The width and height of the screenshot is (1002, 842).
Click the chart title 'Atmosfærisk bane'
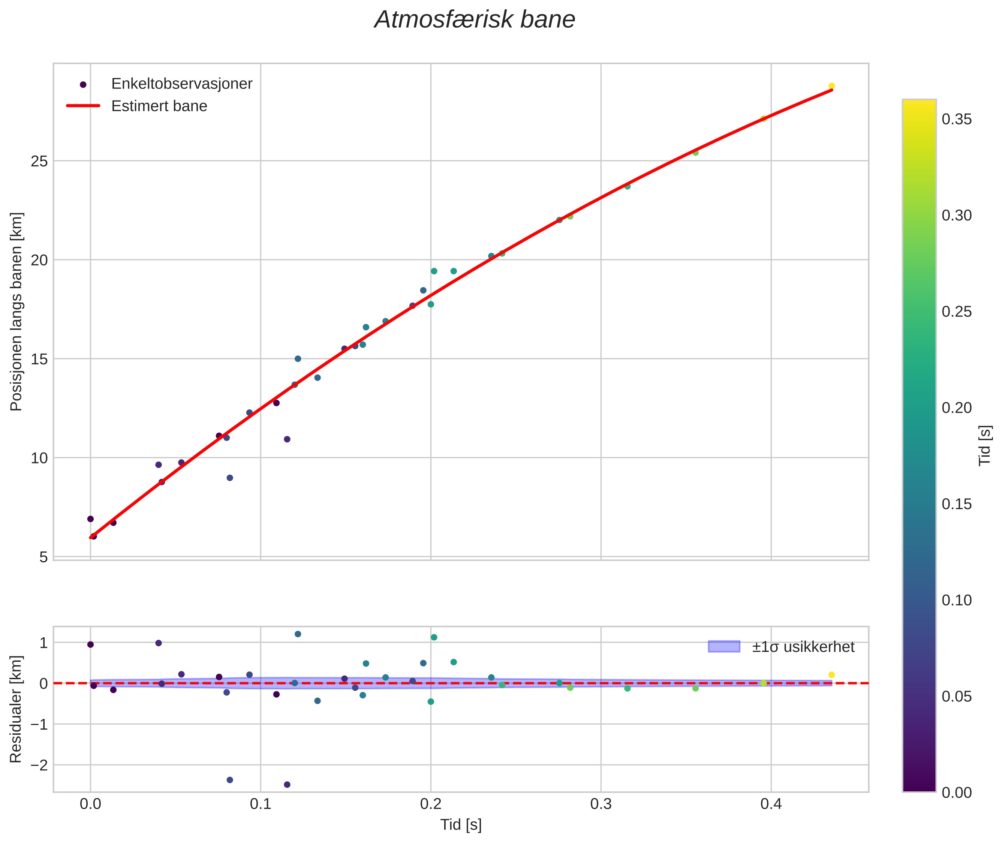[x=475, y=20]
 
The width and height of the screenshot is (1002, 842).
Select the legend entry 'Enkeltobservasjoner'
[x=181, y=84]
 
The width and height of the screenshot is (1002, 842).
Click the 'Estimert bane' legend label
[x=159, y=106]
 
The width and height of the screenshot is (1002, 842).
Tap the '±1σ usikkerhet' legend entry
[x=803, y=647]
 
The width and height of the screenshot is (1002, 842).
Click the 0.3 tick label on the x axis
[x=601, y=804]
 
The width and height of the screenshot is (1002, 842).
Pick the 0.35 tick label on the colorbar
[x=956, y=119]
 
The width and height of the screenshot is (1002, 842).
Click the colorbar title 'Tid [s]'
[x=984, y=445]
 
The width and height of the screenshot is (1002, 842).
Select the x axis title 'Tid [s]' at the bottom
[x=461, y=825]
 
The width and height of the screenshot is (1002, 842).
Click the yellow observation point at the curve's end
[x=831, y=86]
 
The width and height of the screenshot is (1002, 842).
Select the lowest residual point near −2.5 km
[x=287, y=785]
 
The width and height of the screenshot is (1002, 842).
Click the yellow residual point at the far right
[x=831, y=674]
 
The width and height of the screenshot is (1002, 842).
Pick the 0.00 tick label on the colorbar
[x=956, y=793]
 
